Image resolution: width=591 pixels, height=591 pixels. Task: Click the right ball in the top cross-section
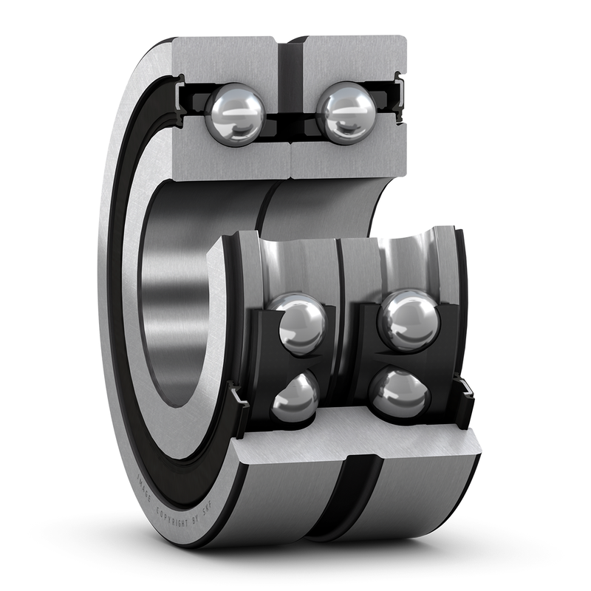[346, 112]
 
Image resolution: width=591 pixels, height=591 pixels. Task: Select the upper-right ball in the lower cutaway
[409, 319]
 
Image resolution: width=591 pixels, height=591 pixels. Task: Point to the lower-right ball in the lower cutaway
[400, 393]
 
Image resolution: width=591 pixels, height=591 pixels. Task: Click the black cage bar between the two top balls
[290, 117]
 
